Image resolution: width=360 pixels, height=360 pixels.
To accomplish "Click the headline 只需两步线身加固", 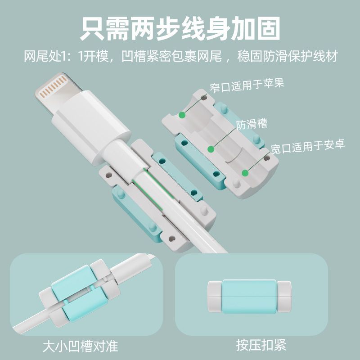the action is coord(180,29).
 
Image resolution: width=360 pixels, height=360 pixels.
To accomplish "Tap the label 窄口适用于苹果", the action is coord(247,85).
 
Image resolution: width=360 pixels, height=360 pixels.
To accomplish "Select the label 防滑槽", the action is coord(252,124).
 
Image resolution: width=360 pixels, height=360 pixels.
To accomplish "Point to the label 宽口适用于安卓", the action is coord(308,146).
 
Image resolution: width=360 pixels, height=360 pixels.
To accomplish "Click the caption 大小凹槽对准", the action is coord(81,346).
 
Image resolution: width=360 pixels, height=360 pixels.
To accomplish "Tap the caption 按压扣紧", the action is coord(261,345).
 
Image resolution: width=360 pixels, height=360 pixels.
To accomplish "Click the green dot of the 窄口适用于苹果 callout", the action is coord(182,115).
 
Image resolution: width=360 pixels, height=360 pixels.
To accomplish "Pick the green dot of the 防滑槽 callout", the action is coord(211,149).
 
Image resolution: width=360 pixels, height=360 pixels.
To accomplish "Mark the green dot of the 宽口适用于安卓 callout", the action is coord(245,173).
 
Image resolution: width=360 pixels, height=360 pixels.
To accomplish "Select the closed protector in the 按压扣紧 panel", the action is coord(249,297).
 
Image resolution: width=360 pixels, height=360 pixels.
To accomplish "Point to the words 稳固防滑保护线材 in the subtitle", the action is coord(288,56).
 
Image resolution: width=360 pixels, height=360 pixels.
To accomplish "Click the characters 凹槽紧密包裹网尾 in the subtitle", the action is coord(171,56).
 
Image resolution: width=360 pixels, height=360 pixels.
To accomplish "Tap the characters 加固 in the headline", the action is coord(255,29).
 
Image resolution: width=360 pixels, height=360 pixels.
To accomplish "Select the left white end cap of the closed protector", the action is coord(215,297).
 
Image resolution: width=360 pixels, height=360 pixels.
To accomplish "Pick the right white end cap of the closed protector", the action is coord(284,297).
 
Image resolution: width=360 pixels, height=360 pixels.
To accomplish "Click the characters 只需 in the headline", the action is coord(105,29).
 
